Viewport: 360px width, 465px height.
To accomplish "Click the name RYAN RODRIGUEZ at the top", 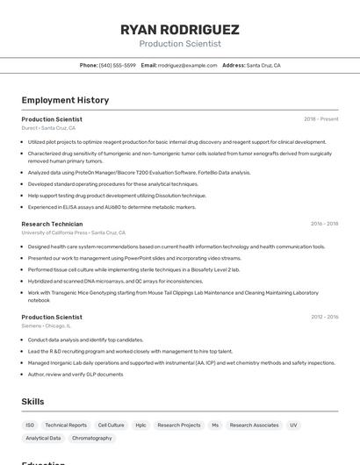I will coord(179,30).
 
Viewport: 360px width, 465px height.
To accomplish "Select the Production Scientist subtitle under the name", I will coord(179,43).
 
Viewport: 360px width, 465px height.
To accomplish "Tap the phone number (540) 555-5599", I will coord(117,65).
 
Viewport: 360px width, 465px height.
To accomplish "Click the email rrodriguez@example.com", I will coord(187,65).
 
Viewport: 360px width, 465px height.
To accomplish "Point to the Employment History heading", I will coord(65,100).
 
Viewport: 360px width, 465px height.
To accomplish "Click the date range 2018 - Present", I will coord(320,119).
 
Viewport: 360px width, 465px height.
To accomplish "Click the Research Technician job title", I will coord(52,224).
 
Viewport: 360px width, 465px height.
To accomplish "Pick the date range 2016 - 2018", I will coord(324,224).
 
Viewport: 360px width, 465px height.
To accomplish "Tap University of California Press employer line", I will coord(74,232).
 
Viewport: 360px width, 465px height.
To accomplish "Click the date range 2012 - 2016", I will coord(324,317).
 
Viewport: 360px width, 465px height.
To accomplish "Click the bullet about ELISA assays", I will coord(112,207).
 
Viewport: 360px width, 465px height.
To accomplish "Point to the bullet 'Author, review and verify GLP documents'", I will coord(76,374).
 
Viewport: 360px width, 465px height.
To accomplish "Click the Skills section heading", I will coord(33,401).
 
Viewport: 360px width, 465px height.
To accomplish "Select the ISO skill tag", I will coord(30,425).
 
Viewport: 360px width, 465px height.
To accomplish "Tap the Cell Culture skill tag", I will coord(111,425).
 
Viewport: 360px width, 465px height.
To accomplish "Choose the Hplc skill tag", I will coord(140,425).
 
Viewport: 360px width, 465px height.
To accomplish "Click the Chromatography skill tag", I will coord(91,438).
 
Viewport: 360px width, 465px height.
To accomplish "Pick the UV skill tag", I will coord(293,425).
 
